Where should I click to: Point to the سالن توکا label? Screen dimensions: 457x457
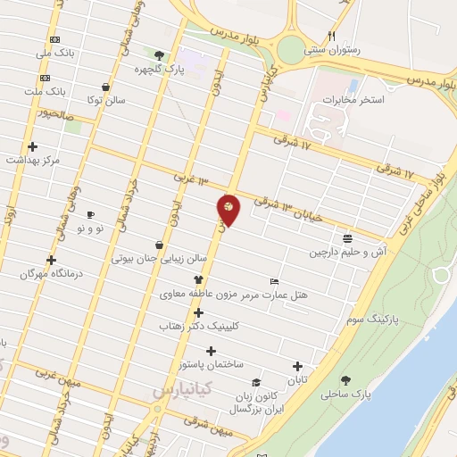click(x=107, y=101)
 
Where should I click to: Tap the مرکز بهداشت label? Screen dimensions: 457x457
click(x=33, y=160)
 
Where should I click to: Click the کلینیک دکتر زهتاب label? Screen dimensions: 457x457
click(x=198, y=327)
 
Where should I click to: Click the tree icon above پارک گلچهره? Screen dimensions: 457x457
click(x=160, y=54)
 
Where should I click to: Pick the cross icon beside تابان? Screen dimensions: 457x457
click(x=297, y=366)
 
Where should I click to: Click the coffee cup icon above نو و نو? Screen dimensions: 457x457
click(x=90, y=215)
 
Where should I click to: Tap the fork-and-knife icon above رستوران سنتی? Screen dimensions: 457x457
click(x=332, y=37)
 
